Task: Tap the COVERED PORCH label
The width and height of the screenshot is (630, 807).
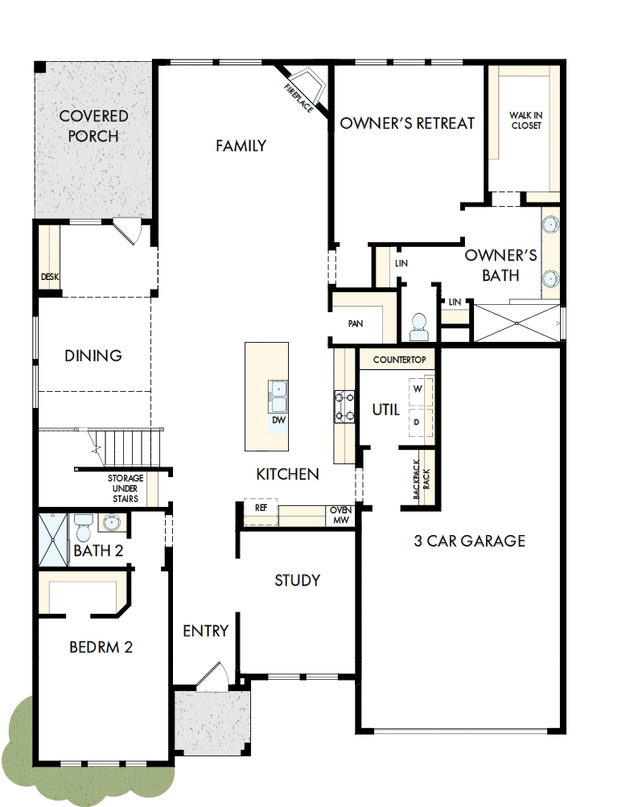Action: tap(93, 126)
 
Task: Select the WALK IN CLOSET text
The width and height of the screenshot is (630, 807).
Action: tap(525, 121)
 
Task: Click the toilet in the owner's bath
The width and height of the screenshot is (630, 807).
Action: tap(418, 326)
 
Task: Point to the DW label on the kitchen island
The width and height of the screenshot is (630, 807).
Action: tap(278, 420)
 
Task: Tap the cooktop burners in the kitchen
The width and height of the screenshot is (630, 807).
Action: tap(345, 406)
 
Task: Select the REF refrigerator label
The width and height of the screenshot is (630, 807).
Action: tap(261, 508)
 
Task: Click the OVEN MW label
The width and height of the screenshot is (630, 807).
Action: tap(339, 515)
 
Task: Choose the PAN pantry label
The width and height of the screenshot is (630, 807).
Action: tap(356, 323)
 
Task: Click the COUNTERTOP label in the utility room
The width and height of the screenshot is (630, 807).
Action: tap(399, 360)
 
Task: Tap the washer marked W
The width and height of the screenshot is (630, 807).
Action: tap(418, 389)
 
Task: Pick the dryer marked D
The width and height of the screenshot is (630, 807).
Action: tap(418, 422)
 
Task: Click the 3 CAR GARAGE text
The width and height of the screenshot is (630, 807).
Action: tap(469, 541)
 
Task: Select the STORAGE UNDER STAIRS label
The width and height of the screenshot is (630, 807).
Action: tap(126, 488)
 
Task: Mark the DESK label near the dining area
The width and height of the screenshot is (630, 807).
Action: tap(50, 277)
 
